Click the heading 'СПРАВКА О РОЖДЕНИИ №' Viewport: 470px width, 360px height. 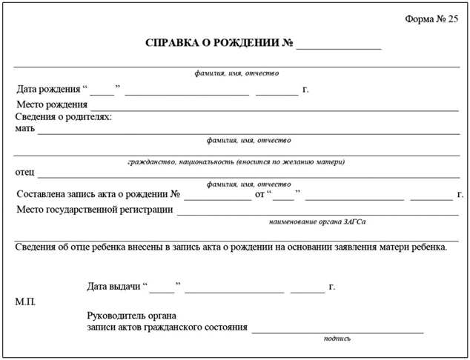coord(219,43)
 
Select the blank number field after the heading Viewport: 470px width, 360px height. coord(339,46)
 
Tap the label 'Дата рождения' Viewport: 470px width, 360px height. coord(48,90)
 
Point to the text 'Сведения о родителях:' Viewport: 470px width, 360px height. coord(64,117)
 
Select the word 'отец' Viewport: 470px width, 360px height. coord(25,172)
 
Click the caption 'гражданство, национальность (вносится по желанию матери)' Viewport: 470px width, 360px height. coord(236,161)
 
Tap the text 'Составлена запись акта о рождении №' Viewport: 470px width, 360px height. coord(99,195)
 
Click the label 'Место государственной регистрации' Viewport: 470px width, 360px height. coord(95,210)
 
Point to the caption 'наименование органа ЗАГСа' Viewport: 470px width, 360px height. coord(317,221)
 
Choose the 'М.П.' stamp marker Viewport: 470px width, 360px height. coord(25,302)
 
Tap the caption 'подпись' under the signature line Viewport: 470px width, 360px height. coord(337,339)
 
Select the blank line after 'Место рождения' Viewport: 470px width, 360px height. coord(274,109)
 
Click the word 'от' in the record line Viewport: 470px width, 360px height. coord(260,195)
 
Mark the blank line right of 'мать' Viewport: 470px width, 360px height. coord(248,133)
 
